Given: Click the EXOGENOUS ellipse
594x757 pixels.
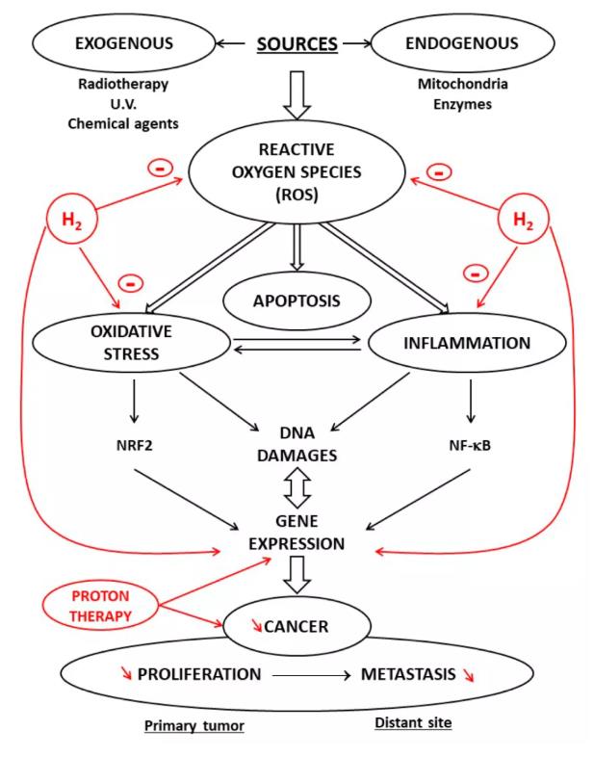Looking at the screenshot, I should pos(123,43).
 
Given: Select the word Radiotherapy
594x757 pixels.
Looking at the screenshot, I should pos(123,84).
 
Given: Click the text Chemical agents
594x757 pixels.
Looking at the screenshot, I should pos(123,123).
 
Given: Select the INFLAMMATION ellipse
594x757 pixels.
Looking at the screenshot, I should pos(464,343).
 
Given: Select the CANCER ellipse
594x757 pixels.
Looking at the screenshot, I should pos(296,627).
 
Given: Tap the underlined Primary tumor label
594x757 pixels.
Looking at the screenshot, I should pos(194,725).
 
